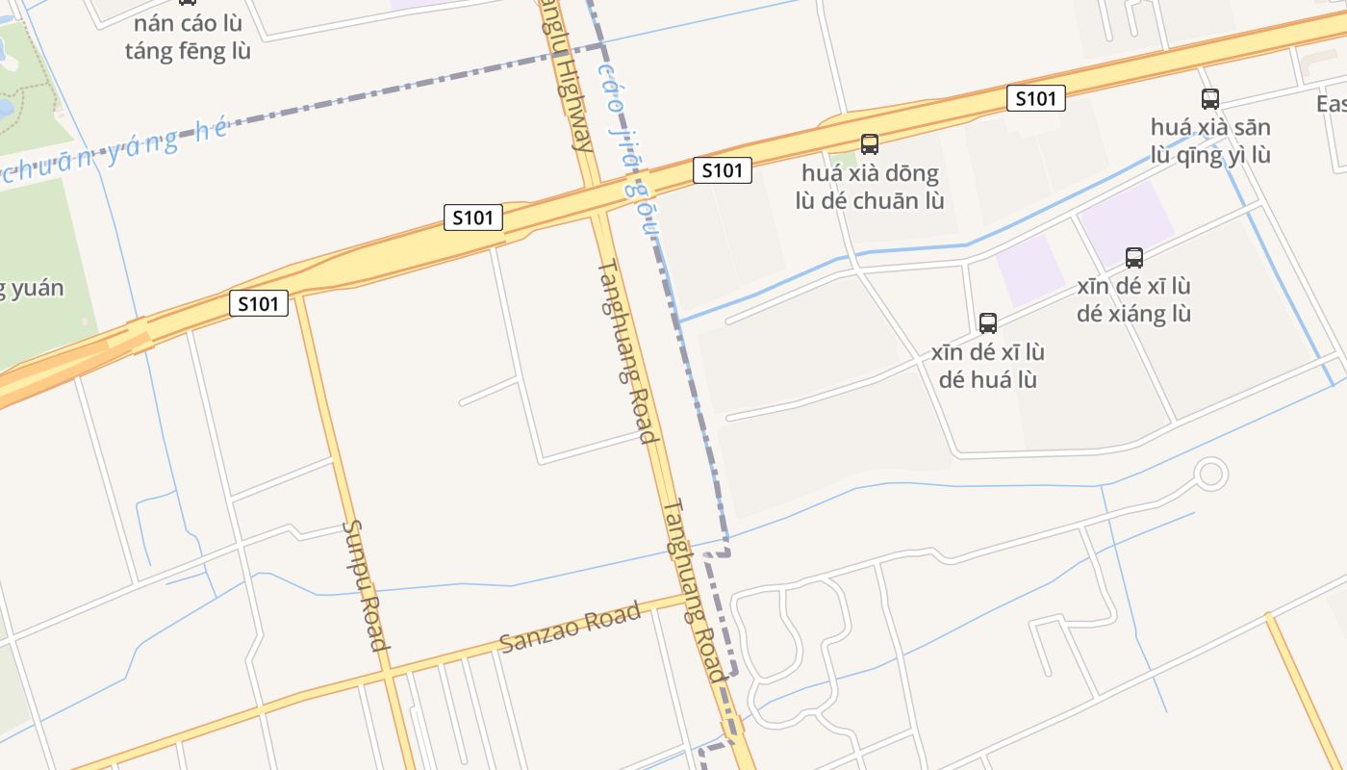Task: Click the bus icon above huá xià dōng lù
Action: point(870,144)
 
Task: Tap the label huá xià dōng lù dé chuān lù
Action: point(870,188)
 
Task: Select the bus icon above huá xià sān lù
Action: point(1210,98)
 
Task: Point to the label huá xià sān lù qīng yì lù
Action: point(1210,141)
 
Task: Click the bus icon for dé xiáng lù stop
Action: point(1134,257)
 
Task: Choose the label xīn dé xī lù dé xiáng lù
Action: point(1134,300)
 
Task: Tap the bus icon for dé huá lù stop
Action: point(988,322)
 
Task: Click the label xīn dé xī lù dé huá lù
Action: point(988,366)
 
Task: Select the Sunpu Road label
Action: point(366,585)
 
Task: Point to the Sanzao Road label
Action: point(571,628)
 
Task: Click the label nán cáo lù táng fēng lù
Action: point(188,38)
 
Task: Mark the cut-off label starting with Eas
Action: point(1331,103)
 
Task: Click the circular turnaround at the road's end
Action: point(1210,474)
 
